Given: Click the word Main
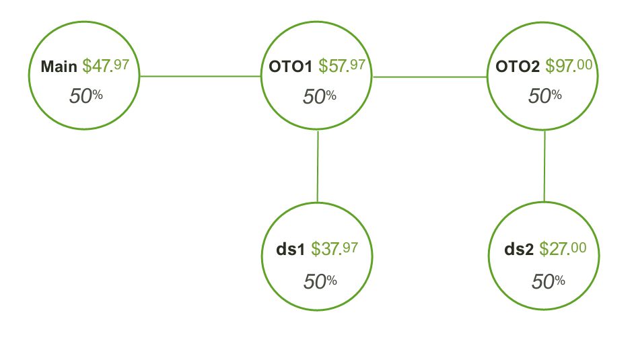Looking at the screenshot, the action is [x=59, y=67].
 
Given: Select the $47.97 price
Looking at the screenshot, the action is [x=105, y=66].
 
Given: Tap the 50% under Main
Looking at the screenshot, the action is [x=85, y=96].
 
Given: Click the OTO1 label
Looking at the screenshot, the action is [x=290, y=67].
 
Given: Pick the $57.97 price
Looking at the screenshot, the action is [x=342, y=66].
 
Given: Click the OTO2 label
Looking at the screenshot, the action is [x=518, y=67].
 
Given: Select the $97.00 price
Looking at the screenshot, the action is [x=569, y=66].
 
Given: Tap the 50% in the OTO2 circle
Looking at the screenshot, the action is [x=545, y=96].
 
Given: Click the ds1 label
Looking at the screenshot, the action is [x=291, y=250].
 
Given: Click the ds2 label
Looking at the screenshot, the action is [x=519, y=250].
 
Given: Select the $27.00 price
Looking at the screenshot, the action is [x=563, y=249].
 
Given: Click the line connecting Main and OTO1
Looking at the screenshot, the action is [x=200, y=76].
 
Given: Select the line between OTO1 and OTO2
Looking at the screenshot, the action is [x=429, y=77].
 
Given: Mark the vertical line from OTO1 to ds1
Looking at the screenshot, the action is [x=318, y=166].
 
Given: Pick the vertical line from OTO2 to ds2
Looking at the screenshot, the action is [x=545, y=166].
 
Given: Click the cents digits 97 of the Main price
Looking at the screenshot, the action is [x=121, y=65].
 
